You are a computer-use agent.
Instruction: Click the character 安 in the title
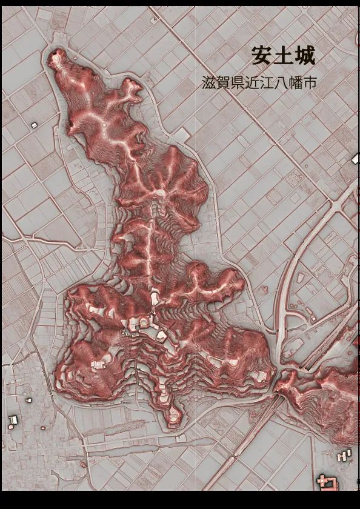coord(262,56)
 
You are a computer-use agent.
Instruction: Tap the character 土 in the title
coord(284,56)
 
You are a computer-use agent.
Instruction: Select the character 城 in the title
coord(304,56)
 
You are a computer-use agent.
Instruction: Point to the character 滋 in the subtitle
coord(208,83)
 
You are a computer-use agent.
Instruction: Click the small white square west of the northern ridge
coord(34,124)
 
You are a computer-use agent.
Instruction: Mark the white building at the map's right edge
coord(356,159)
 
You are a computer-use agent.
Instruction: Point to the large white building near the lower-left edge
coord(13,420)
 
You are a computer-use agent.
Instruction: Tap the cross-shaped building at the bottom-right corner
coord(327,482)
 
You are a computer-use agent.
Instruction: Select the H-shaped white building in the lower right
coord(344,454)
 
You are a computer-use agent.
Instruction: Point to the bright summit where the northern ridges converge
coord(159,193)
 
